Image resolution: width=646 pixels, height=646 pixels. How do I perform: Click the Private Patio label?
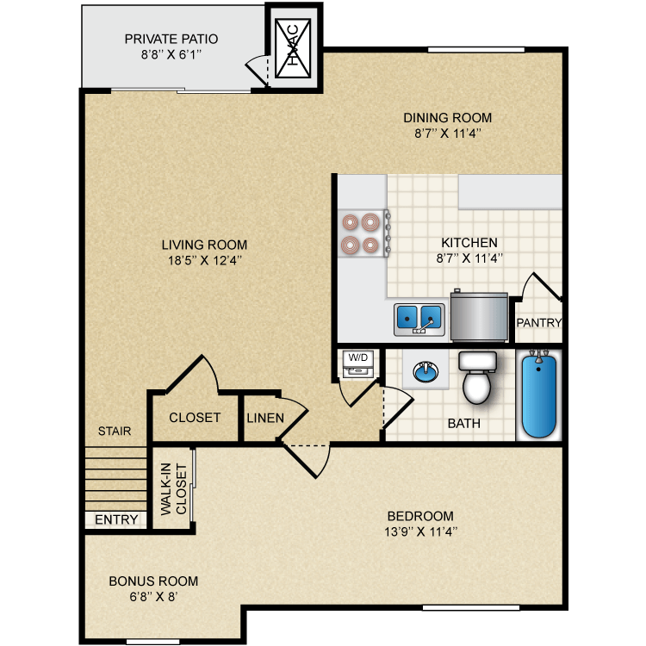[171, 39]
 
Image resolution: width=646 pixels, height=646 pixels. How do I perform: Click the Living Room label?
[203, 245]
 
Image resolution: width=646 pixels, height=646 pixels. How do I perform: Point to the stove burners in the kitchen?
[361, 233]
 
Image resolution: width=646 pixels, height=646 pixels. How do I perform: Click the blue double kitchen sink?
[419, 319]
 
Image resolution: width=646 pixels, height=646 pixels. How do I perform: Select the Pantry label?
[538, 323]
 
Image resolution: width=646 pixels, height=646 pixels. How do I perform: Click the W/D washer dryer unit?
[357, 363]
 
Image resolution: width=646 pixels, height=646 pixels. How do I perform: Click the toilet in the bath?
[476, 378]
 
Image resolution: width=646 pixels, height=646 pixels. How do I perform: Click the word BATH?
[463, 424]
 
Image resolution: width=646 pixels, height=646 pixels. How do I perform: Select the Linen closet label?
[264, 418]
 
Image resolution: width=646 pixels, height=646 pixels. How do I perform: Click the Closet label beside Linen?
[195, 418]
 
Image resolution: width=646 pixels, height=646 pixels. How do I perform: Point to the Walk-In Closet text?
[172, 489]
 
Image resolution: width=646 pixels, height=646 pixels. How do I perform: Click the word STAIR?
[114, 431]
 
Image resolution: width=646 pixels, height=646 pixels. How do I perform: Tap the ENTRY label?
[116, 519]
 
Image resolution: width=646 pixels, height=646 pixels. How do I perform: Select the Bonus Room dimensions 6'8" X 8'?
[153, 595]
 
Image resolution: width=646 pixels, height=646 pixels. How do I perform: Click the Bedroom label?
[421, 516]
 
